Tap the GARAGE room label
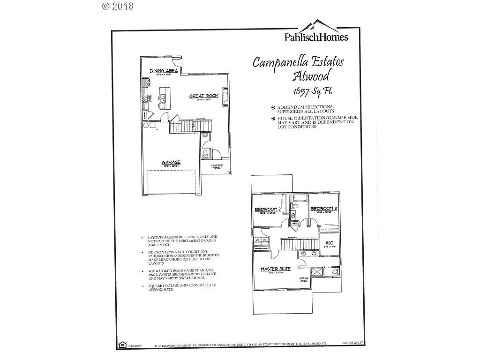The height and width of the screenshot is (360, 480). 172,162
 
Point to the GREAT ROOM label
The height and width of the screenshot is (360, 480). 203,96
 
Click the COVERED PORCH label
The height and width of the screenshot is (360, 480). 217,166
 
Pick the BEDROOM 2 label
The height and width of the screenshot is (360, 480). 267,209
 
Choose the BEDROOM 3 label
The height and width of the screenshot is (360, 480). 323,209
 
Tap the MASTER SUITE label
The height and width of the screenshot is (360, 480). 276,269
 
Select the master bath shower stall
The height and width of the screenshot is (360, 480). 317,272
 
